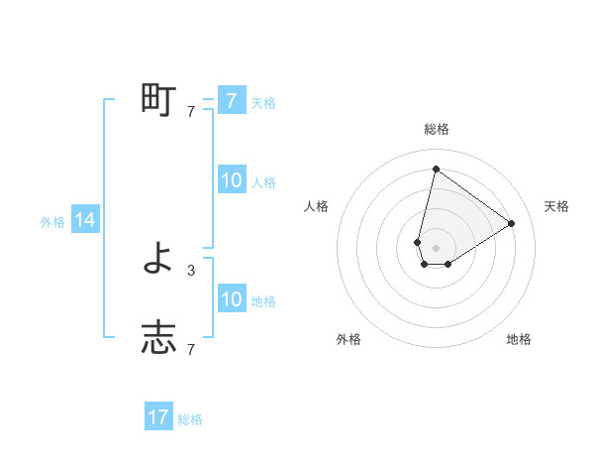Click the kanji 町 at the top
coord(158,100)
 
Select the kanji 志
coord(158,338)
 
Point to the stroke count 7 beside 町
coord(191,112)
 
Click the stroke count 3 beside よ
coord(191,270)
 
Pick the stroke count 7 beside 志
coord(191,349)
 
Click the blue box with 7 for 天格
coord(231,100)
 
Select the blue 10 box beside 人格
coord(231,180)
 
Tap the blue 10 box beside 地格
coord(231,299)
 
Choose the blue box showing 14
coord(85,221)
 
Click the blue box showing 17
coord(158,417)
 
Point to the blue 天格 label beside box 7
coord(263,102)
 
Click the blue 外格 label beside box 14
coord(52,222)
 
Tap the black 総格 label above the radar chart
coord(436,130)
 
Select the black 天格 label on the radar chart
coord(556,206)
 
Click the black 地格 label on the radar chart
coord(519,339)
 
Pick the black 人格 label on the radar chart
coord(317,206)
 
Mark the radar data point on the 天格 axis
coord(511,223)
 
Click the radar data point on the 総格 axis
coord(436,169)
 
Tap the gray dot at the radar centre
coord(436,248)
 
